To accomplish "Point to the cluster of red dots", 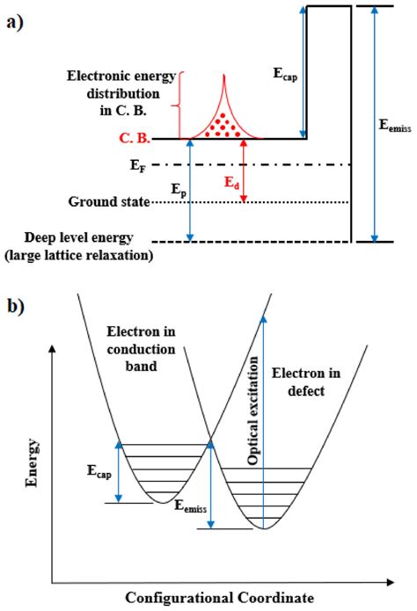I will tap(218, 123).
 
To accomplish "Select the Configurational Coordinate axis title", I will tap(219, 598).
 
